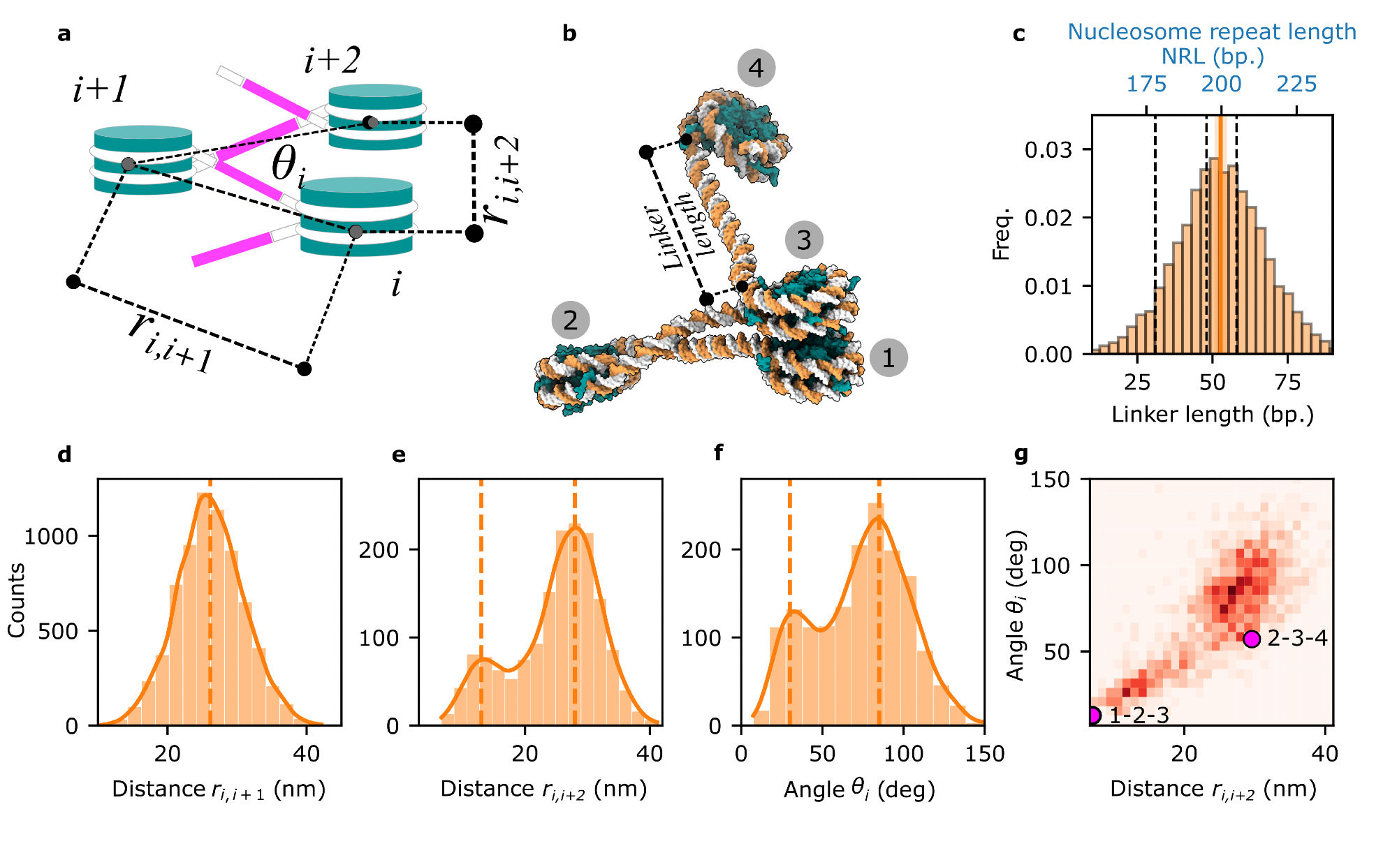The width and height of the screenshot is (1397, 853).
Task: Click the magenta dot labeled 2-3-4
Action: [1252, 639]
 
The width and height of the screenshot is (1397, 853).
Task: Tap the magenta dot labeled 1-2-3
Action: [1094, 715]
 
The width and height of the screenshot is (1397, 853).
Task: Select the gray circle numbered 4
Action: [756, 68]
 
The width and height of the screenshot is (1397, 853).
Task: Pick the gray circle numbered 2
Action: [571, 320]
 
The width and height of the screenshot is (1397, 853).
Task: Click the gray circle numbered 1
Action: [888, 358]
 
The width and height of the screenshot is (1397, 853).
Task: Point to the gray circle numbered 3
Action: [804, 240]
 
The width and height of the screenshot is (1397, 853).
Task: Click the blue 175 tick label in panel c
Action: [1146, 84]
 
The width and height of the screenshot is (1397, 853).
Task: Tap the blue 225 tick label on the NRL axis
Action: [1296, 84]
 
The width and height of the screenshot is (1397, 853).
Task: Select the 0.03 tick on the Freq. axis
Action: [1048, 150]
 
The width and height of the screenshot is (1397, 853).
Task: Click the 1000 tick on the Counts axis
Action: [51, 536]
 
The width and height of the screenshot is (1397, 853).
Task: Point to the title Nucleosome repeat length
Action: [1212, 32]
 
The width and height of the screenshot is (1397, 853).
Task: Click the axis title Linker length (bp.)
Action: [1213, 415]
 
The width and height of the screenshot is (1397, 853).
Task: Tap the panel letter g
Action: [1021, 455]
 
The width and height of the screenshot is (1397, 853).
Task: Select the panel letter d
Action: [64, 455]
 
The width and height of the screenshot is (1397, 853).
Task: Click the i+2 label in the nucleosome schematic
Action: [332, 61]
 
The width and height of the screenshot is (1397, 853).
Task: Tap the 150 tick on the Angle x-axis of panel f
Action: [984, 754]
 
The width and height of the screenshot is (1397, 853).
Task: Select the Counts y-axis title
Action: [17, 600]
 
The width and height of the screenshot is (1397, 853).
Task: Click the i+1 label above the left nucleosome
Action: [101, 90]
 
